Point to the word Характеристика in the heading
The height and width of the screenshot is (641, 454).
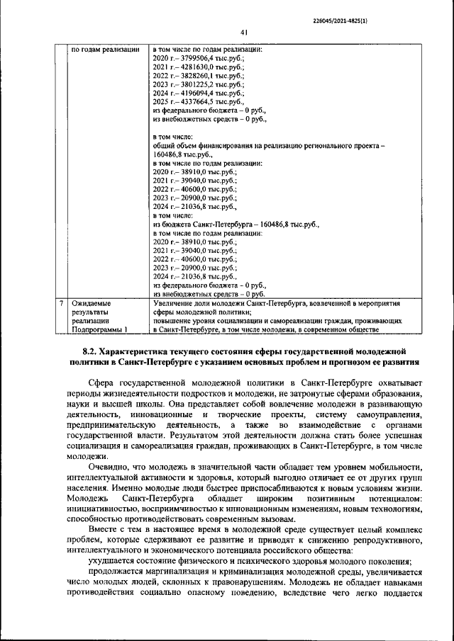tap(150, 351)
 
